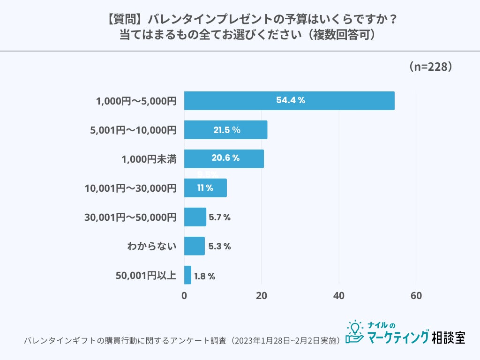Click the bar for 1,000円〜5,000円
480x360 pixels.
point(289,101)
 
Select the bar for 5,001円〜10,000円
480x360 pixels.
point(225,130)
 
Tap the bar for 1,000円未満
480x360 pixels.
point(224,159)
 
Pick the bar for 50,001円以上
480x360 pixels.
point(187,275)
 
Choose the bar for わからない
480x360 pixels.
point(195,246)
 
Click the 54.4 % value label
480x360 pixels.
point(291,100)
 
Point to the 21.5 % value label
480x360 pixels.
point(227,130)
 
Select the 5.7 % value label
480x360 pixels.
point(219,217)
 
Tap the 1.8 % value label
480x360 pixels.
point(204,276)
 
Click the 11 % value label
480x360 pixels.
point(205,188)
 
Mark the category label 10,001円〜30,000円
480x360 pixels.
point(130,188)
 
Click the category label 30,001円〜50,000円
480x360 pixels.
point(130,217)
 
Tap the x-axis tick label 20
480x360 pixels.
point(262,296)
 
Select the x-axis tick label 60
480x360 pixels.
point(416,296)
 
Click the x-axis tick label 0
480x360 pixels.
point(184,296)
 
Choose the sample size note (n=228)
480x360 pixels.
point(430,67)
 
